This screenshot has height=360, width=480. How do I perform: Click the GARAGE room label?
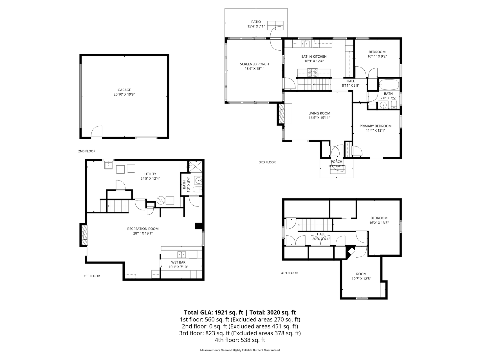click(x=124, y=90)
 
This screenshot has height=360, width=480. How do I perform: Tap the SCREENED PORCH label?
click(x=254, y=64)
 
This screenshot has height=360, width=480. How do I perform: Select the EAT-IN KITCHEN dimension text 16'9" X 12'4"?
click(x=314, y=61)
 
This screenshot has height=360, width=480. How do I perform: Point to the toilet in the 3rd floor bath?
click(x=394, y=104)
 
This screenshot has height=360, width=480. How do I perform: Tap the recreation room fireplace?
click(x=84, y=235)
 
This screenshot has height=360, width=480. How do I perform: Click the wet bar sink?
click(x=181, y=255)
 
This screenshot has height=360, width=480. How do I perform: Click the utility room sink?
click(x=109, y=165)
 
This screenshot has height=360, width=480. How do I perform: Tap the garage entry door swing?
click(x=97, y=131)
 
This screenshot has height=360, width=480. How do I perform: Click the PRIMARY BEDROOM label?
click(x=376, y=126)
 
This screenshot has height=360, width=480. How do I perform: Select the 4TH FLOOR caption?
click(x=289, y=273)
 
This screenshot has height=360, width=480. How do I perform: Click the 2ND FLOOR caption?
click(x=87, y=151)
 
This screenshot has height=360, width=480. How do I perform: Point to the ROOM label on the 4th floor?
click(x=361, y=274)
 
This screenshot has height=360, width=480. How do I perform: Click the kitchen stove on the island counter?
click(x=312, y=73)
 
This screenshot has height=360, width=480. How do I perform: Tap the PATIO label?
click(x=256, y=22)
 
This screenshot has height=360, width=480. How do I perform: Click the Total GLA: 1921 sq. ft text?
click(x=213, y=312)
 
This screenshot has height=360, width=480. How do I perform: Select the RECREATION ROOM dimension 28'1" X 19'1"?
click(x=143, y=233)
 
